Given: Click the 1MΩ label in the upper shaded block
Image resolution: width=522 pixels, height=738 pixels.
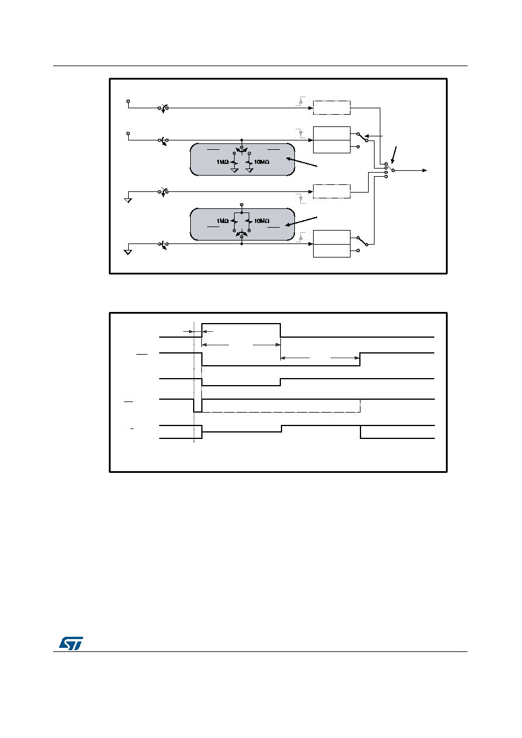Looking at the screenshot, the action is click(222, 162).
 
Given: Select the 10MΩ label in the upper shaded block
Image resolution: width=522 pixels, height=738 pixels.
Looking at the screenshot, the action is click(262, 162).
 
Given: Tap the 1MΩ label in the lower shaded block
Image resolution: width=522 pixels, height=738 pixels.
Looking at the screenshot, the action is click(222, 221).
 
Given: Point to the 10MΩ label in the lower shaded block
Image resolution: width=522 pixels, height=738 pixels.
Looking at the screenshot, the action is click(262, 221).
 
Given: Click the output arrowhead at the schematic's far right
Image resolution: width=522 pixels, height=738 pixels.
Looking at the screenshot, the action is click(425, 170).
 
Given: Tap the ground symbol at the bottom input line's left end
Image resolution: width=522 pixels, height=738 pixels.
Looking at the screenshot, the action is click(128, 252).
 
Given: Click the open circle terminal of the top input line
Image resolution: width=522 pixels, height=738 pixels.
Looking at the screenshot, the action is click(128, 101).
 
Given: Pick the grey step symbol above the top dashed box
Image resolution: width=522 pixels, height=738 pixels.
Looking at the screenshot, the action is click(300, 101).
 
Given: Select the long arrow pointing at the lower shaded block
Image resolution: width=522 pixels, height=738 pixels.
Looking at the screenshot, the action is click(301, 221).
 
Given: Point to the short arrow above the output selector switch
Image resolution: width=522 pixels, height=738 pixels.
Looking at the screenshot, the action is click(394, 155).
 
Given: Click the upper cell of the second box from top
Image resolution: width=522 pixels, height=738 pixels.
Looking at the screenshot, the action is click(331, 133).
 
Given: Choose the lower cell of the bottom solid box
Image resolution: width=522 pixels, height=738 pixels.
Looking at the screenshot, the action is click(331, 250).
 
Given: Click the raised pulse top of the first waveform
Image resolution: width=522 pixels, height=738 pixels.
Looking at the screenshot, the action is click(241, 324).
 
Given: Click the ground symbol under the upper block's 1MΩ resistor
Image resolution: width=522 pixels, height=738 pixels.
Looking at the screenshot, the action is click(234, 170).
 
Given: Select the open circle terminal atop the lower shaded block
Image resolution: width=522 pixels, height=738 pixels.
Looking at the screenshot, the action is click(242, 205).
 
